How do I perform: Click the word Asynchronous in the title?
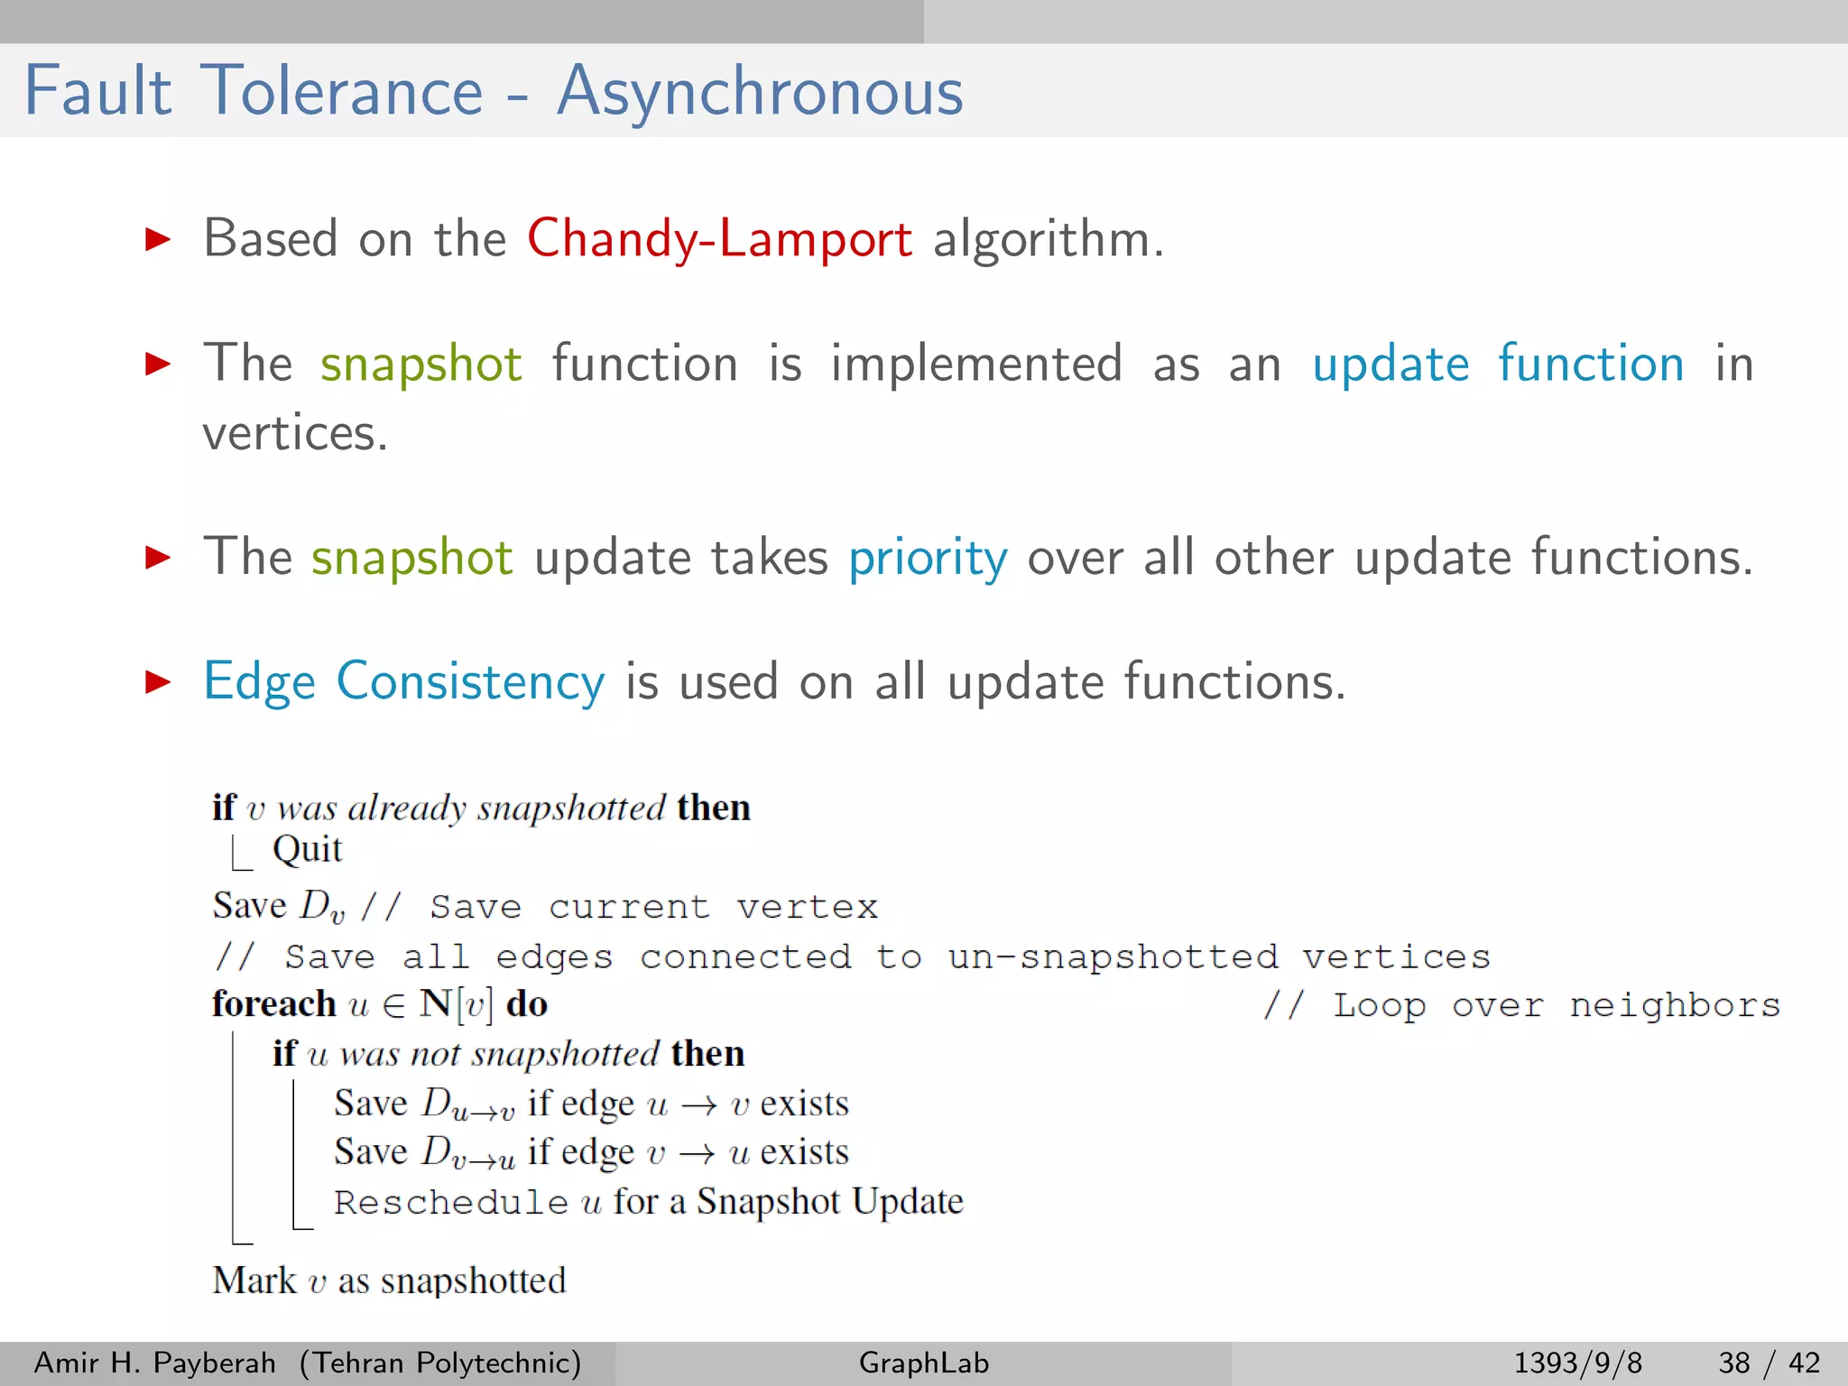760,92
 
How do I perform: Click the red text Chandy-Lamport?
719,240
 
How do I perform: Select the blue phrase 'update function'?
1498,365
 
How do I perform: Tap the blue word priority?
928,558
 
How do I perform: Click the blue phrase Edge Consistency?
403,682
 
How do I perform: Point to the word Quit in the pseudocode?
307,850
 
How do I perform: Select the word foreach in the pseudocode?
273,1004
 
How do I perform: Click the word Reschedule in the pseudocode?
450,1203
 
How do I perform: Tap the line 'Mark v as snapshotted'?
389,1281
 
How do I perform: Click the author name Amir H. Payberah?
154,1363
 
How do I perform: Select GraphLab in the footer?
923,1363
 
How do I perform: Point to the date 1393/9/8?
1577,1363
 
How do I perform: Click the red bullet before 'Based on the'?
158,239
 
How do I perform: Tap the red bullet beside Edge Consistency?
158,682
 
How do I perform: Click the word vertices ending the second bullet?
294,434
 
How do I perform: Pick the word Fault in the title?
97,92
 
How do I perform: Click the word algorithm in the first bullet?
1047,240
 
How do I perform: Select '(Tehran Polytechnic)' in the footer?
440,1363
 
